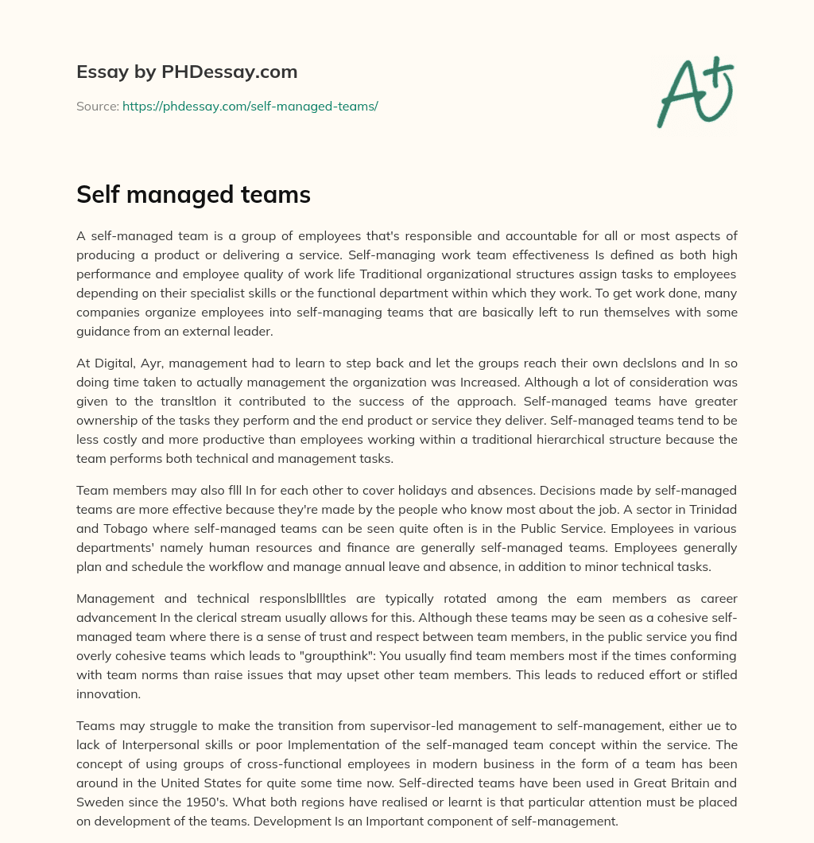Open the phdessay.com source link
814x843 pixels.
pyautogui.click(x=250, y=106)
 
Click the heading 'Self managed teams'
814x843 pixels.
pyautogui.click(x=193, y=195)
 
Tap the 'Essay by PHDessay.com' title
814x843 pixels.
pyautogui.click(x=187, y=72)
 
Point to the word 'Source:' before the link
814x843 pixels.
pyautogui.click(x=97, y=106)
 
